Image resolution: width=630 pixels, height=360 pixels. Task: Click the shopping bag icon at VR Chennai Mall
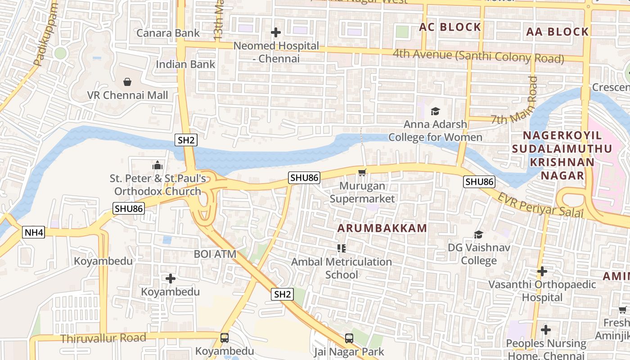click(127, 82)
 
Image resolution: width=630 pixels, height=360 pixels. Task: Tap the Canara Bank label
click(168, 33)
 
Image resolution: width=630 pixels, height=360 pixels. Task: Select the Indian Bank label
click(185, 64)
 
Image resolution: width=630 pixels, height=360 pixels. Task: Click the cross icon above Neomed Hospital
click(275, 32)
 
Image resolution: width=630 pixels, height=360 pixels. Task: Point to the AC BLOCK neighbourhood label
click(450, 27)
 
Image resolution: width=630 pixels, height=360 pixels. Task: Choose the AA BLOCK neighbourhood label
click(557, 31)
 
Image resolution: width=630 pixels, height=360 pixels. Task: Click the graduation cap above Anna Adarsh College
click(435, 111)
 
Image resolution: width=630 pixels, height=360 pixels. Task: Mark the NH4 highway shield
click(34, 232)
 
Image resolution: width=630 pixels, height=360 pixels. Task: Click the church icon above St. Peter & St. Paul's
click(157, 165)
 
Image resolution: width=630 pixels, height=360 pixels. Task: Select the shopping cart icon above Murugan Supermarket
click(362, 172)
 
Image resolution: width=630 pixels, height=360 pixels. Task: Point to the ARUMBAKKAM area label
click(382, 228)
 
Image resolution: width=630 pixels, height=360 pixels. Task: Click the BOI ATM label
click(215, 254)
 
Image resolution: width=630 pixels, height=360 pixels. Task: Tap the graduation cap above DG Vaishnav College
click(478, 234)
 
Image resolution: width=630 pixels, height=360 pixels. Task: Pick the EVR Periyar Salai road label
click(540, 206)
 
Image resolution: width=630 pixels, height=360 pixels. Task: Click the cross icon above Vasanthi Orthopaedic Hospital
click(542, 271)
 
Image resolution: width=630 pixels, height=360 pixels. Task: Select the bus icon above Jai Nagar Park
click(349, 338)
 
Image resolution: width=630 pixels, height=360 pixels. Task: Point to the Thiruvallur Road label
click(103, 338)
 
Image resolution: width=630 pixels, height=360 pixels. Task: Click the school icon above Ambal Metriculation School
click(341, 248)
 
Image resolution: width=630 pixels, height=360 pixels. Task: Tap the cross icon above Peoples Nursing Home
click(546, 330)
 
